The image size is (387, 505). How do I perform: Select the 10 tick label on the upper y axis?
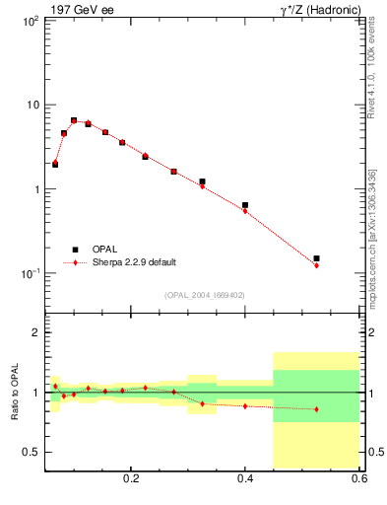click(32, 105)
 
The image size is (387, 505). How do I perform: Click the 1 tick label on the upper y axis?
click(35, 189)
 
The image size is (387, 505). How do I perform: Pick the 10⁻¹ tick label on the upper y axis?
click(30, 273)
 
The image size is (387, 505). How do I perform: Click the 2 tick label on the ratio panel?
click(36, 333)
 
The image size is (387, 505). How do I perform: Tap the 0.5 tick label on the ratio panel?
click(32, 452)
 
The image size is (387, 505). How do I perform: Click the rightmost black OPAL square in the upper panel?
click(316, 258)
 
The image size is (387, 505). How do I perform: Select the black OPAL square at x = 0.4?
click(245, 205)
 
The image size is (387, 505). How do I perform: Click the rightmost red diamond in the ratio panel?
click(316, 408)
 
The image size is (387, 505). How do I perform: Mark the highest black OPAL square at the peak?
click(74, 120)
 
